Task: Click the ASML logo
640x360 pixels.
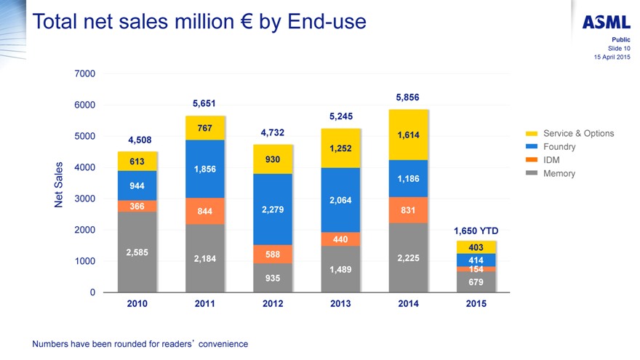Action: [607, 23]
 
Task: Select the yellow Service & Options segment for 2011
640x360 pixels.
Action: [204, 128]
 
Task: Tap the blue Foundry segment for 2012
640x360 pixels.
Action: [273, 209]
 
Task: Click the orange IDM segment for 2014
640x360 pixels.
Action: [408, 209]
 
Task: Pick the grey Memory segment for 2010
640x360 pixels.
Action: [137, 252]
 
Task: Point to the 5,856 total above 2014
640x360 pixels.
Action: [407, 97]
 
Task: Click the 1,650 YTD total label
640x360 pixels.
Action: [476, 231]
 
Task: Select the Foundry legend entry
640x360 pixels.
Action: [559, 147]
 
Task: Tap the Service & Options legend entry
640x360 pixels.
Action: [578, 134]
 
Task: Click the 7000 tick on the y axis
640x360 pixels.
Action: [84, 73]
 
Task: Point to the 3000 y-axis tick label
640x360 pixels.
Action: [84, 199]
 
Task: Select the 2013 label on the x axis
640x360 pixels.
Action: [340, 304]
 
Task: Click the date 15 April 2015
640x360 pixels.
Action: [612, 57]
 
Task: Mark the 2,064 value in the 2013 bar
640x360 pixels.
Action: [340, 200]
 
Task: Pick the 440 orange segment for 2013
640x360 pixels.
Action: [340, 239]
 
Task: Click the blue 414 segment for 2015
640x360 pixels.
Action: [476, 260]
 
